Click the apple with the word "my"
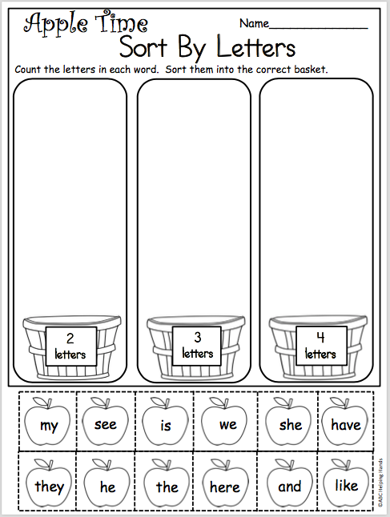tap(47, 424)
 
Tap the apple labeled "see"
tap(106, 423)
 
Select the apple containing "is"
tap(165, 424)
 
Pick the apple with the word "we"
tap(227, 423)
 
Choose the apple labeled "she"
tap(289, 423)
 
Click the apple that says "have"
tap(346, 423)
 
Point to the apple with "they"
tap(48, 485)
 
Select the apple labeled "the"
tap(167, 485)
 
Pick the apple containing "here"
tap(225, 485)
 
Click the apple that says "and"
tap(289, 485)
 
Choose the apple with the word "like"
tap(346, 485)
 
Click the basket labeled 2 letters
tap(70, 348)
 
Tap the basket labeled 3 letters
tap(196, 348)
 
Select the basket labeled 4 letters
tap(319, 348)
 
